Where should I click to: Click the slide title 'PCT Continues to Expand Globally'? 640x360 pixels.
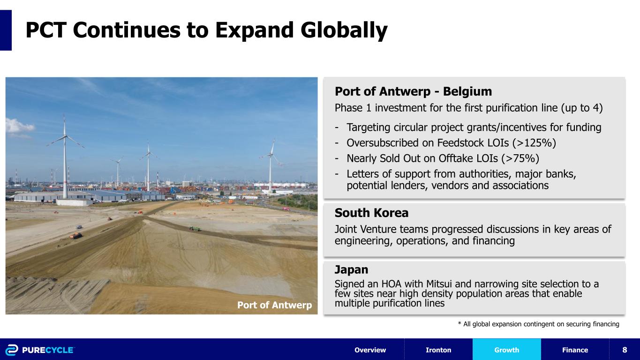[x=206, y=30]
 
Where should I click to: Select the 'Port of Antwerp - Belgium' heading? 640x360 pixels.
[x=413, y=91]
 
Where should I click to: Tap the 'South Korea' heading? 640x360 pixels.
[x=371, y=213]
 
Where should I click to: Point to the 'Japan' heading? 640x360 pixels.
[x=351, y=270]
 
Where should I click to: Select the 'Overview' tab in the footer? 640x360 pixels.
[x=370, y=350]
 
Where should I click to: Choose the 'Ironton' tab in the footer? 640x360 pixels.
[x=438, y=350]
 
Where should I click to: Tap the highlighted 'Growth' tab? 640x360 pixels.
[x=506, y=350]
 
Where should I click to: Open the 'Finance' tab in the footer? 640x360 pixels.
[x=575, y=350]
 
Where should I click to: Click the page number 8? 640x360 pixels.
[x=625, y=350]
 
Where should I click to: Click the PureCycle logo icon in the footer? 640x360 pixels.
[x=12, y=350]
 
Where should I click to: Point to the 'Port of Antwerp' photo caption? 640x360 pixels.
[x=274, y=305]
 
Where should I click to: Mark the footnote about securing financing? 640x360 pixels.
[x=538, y=324]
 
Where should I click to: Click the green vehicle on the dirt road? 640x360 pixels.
[x=194, y=228]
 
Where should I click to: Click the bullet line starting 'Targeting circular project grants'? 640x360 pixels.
[x=474, y=127]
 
